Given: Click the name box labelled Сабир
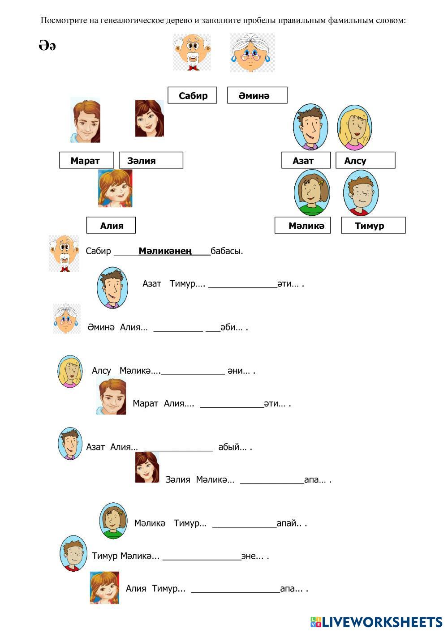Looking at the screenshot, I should [x=192, y=95].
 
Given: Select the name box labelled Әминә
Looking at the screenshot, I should [x=257, y=95].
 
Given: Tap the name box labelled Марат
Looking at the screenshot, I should [x=86, y=160].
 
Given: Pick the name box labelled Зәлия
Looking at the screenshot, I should [x=151, y=160].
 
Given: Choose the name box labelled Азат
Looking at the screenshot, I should [x=306, y=160].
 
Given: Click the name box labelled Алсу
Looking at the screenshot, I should [x=365, y=160].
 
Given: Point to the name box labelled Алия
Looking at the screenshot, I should [x=111, y=225].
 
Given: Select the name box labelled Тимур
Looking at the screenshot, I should [x=373, y=225].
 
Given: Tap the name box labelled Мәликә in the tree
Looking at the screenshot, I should [x=303, y=225].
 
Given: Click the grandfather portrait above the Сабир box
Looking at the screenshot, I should [x=192, y=52].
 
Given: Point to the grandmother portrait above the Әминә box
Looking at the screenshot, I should [x=252, y=53].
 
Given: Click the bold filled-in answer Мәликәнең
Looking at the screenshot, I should [x=165, y=251].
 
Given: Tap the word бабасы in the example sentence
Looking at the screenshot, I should [x=227, y=251].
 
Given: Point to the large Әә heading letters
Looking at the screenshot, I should [x=47, y=46].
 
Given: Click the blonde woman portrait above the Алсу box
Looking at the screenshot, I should [x=354, y=128].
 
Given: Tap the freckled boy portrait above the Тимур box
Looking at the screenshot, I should [x=361, y=193].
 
